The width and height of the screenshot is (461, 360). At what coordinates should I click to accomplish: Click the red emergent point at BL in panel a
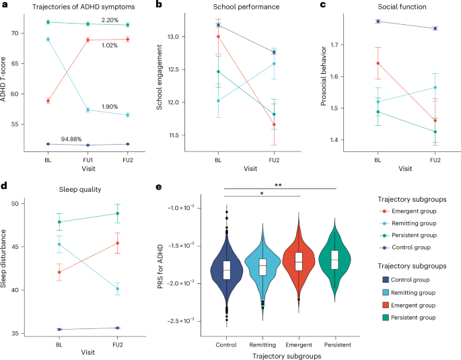click(48, 101)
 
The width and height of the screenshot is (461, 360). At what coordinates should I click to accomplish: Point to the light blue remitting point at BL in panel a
click(48, 40)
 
